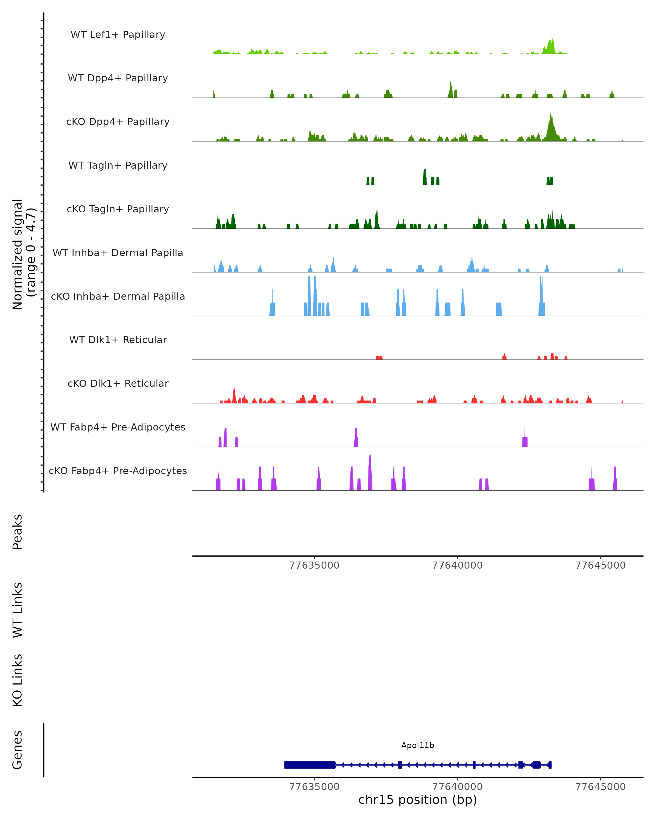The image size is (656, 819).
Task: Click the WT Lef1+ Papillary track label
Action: (x=118, y=35)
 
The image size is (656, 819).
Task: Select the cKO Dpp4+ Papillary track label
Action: (x=118, y=122)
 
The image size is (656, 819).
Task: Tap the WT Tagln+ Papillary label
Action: (x=118, y=166)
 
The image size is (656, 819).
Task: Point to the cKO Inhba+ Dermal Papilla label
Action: (x=118, y=297)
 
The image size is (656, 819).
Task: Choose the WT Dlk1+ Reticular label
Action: (x=118, y=340)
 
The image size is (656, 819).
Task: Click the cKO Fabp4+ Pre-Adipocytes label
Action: (x=118, y=471)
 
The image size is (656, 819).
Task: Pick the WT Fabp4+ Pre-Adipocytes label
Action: (x=118, y=427)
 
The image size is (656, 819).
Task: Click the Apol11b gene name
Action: (x=418, y=746)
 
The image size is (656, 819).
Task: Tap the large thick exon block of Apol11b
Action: (x=310, y=765)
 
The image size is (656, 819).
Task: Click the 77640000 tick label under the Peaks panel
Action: (x=458, y=566)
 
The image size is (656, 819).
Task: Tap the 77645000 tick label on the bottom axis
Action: (x=601, y=787)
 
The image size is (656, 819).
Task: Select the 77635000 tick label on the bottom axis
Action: (x=315, y=787)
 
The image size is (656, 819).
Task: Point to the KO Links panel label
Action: (x=17, y=680)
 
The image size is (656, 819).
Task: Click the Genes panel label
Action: (x=17, y=750)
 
